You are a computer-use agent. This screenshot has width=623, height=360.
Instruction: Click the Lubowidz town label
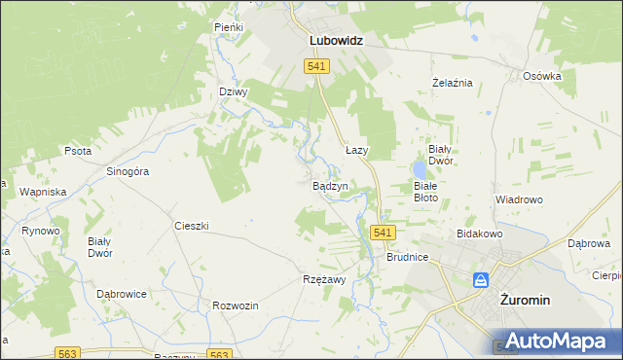tap(336, 42)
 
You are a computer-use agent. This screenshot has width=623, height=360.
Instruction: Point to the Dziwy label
tap(234, 92)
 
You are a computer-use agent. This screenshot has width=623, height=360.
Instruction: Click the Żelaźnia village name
tap(452, 83)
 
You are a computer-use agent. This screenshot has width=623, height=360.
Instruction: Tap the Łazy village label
tap(356, 151)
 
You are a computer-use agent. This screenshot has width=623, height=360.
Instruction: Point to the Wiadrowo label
tap(518, 199)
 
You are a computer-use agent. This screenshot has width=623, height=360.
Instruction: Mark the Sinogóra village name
tap(127, 171)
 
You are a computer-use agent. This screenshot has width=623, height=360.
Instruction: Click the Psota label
tap(77, 152)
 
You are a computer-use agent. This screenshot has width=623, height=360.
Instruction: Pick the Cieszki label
tap(191, 226)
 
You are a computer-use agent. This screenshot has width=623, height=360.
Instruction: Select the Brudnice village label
tap(407, 259)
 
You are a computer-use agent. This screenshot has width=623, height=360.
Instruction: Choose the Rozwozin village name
tap(235, 306)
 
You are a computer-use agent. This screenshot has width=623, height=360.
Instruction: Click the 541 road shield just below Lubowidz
tap(316, 66)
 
